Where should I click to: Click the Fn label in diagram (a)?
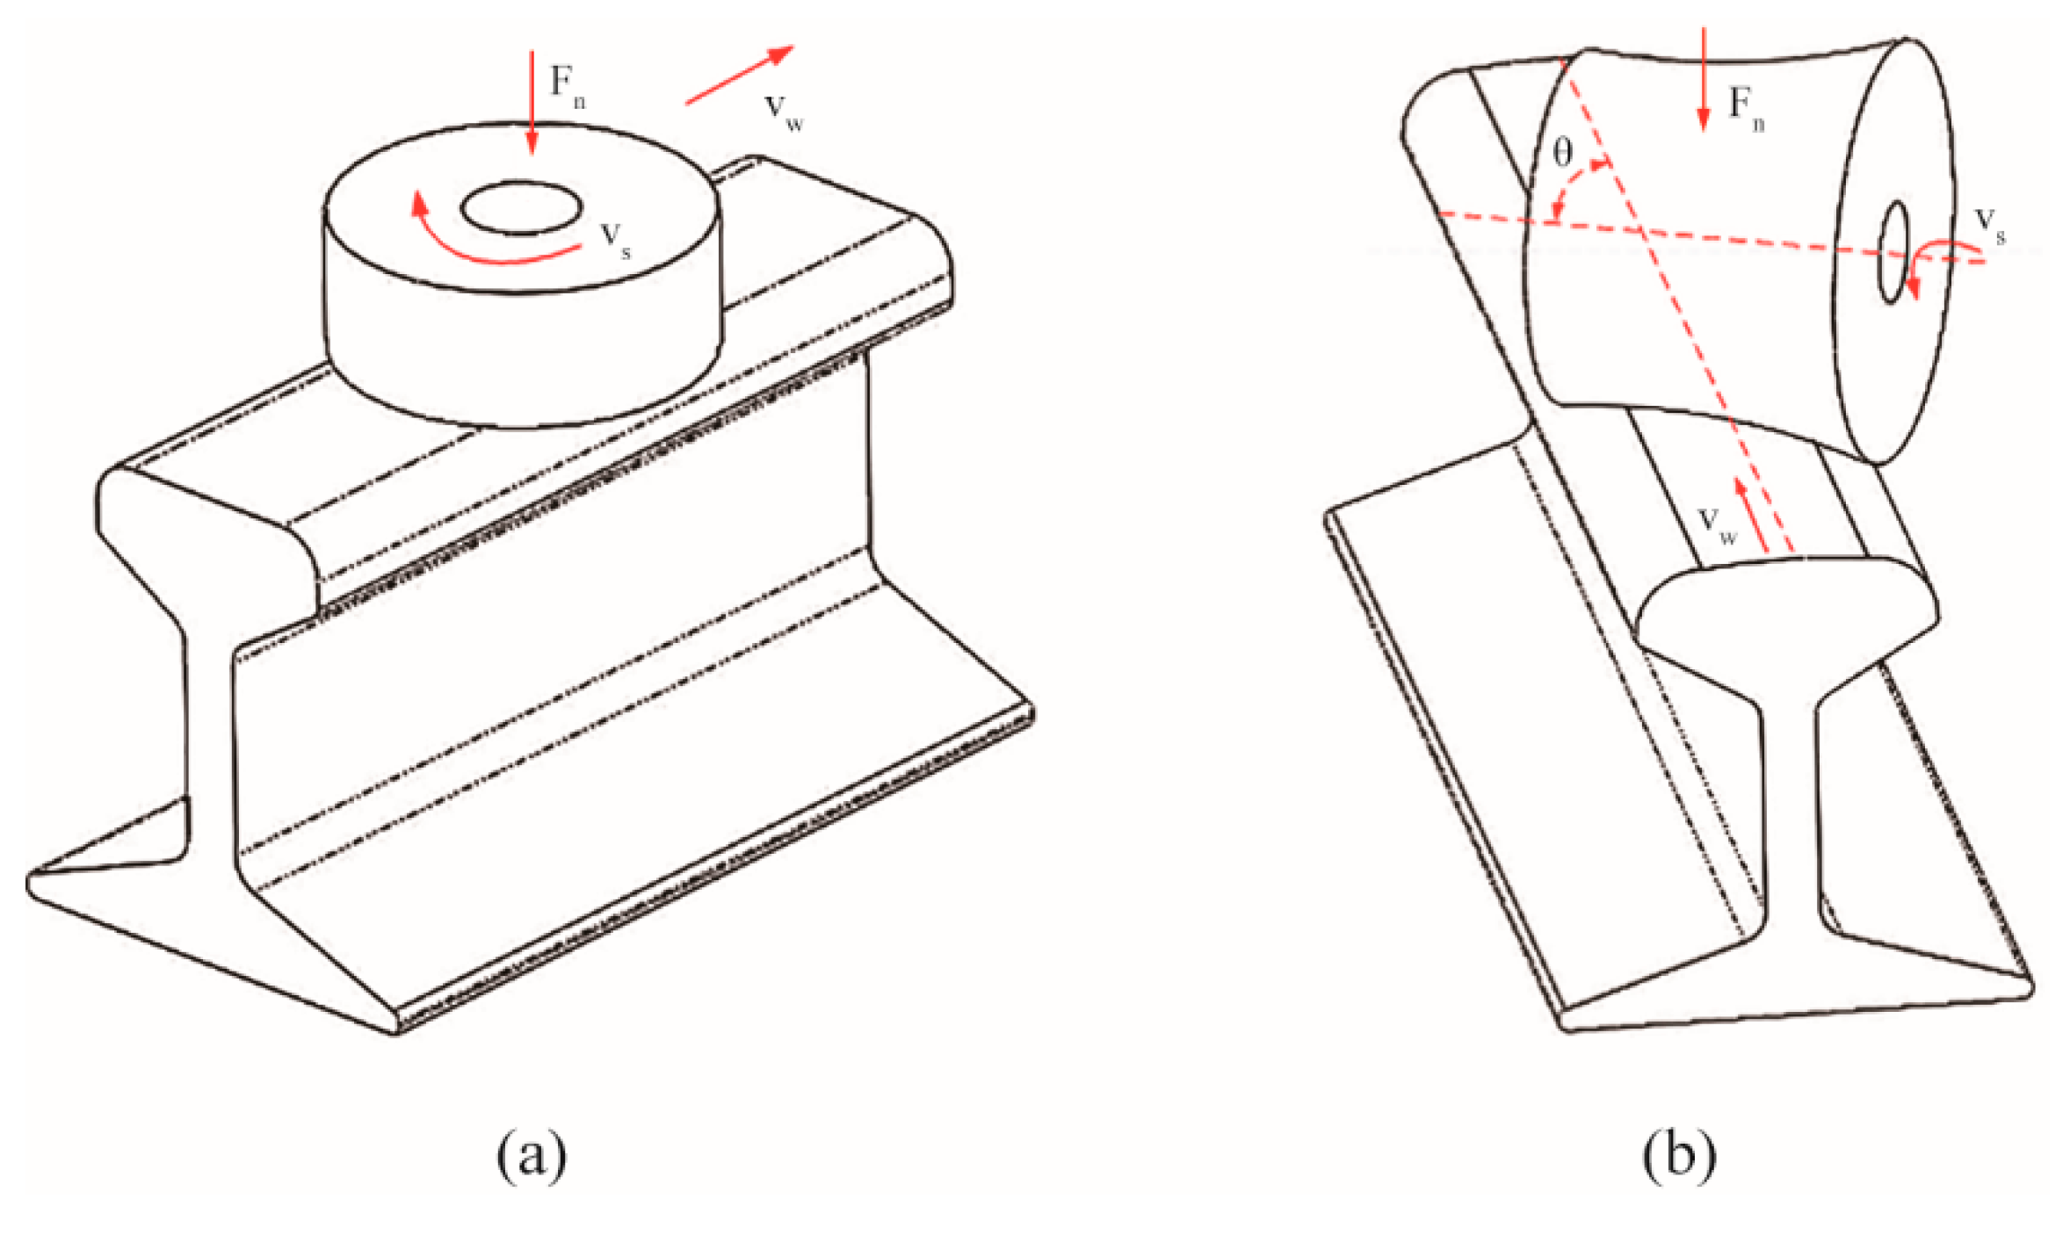click(567, 85)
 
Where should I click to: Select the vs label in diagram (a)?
click(615, 240)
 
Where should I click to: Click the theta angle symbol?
click(1562, 154)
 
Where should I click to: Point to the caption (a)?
click(532, 1156)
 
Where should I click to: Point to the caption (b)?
click(1678, 1156)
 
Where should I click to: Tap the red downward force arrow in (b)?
click(1704, 79)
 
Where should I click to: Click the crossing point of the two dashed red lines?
click(1639, 231)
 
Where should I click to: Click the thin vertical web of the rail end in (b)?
click(1789, 817)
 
